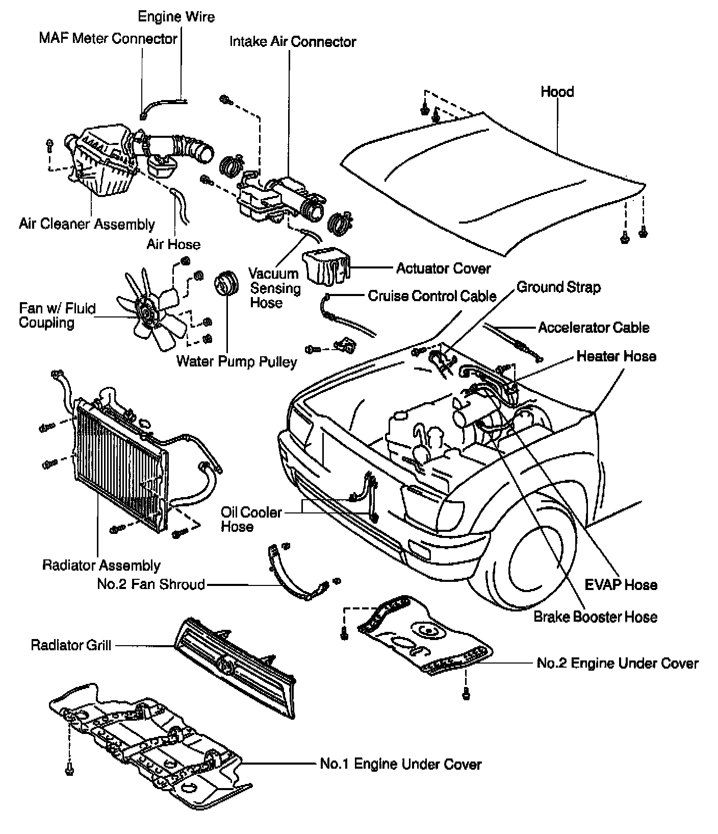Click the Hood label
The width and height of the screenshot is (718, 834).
tap(557, 92)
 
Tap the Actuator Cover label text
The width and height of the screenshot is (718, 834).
tap(443, 268)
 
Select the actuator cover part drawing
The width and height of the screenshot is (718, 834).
tap(326, 267)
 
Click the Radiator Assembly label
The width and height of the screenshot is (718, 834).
tap(101, 566)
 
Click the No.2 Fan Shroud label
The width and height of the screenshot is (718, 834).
tap(151, 584)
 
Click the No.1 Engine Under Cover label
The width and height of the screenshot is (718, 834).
tap(400, 764)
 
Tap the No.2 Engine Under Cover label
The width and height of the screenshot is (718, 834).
tap(618, 663)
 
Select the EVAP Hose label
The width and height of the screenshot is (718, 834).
tap(621, 584)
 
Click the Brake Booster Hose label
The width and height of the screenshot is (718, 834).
tap(595, 617)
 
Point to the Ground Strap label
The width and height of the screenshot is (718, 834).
tap(558, 287)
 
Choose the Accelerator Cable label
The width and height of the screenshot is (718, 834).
tap(594, 328)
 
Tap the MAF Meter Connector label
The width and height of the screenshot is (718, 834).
tap(108, 38)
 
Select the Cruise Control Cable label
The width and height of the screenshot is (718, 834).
tap(432, 296)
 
